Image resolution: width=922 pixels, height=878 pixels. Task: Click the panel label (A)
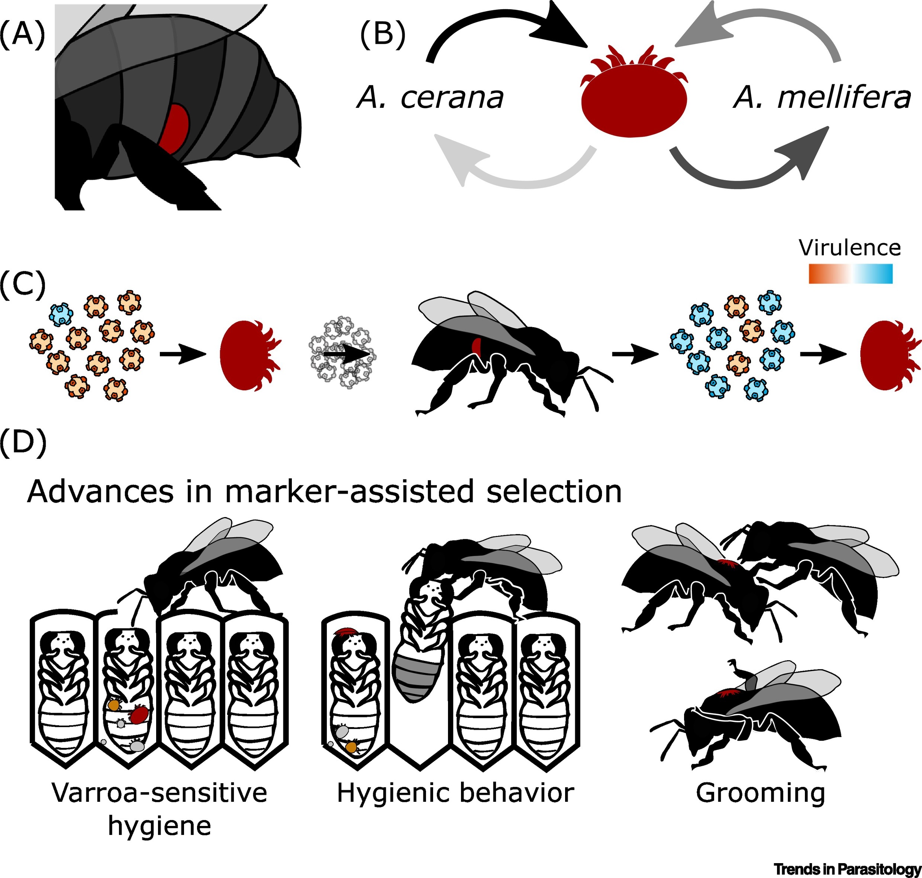pyautogui.click(x=22, y=35)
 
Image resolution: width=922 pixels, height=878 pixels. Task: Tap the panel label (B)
pyautogui.click(x=383, y=35)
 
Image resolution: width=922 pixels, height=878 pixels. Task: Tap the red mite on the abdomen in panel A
pyautogui.click(x=174, y=129)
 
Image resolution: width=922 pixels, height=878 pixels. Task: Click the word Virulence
pyautogui.click(x=850, y=248)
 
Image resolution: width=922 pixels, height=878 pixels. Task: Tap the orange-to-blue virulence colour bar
pyautogui.click(x=850, y=274)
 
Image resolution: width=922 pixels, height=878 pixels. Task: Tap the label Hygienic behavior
pyautogui.click(x=455, y=793)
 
